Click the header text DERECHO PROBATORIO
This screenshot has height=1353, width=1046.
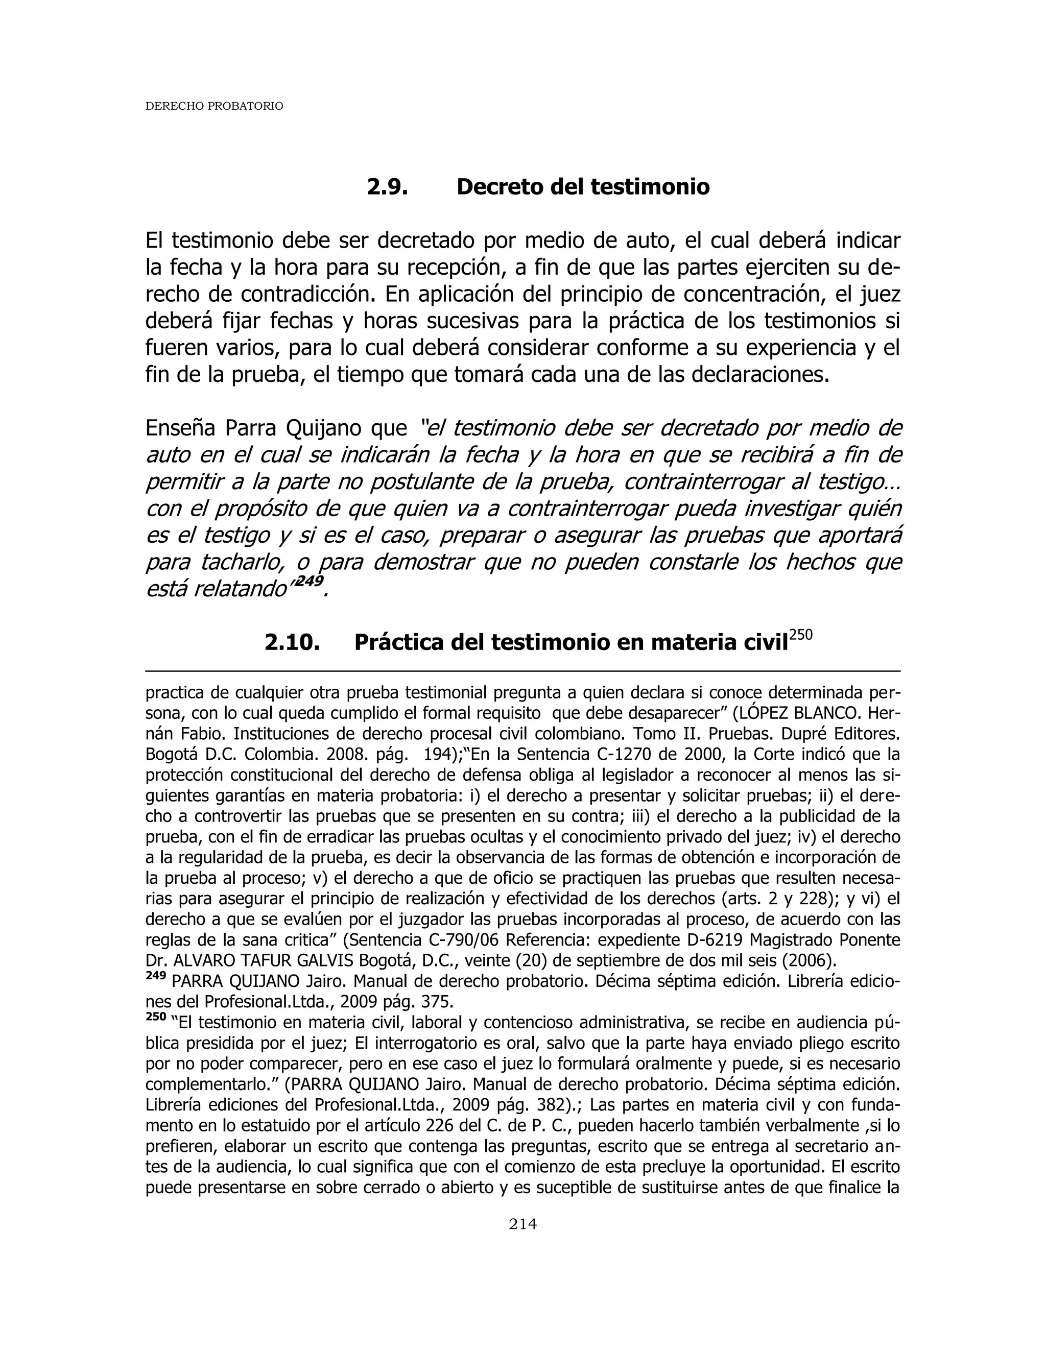coord(214,107)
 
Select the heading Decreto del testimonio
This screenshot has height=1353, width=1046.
coord(582,186)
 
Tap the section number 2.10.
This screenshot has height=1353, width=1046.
coord(292,642)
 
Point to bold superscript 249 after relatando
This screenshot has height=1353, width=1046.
coord(311,581)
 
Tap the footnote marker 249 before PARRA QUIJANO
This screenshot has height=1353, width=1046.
coord(156,976)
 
